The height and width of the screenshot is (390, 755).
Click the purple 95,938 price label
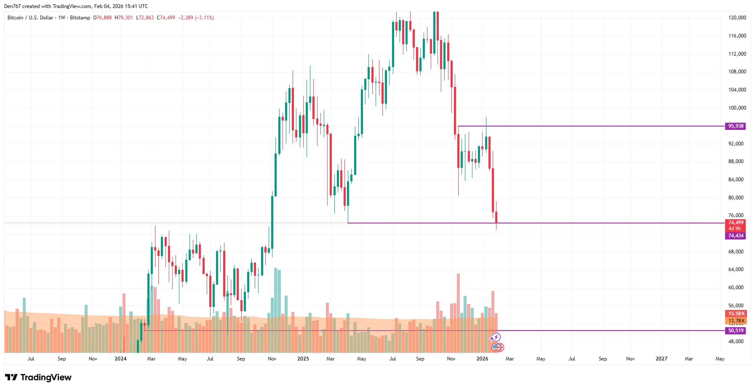(736, 126)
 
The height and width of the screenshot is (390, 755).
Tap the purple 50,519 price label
(736, 331)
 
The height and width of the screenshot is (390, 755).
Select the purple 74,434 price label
(736, 236)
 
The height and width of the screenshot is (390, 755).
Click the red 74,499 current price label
(736, 223)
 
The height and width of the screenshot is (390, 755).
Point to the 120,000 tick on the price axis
(737, 18)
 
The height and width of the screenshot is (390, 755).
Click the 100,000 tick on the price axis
(737, 108)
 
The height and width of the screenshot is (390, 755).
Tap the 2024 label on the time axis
(120, 359)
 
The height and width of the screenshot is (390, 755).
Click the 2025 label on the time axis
(303, 359)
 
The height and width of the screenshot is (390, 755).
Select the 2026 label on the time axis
(482, 359)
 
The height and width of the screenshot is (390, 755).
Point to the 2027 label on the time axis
(661, 359)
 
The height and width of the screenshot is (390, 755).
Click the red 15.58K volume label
(736, 314)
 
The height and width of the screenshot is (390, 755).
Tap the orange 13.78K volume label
(736, 321)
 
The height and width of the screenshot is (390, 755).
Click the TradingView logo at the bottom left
(38, 377)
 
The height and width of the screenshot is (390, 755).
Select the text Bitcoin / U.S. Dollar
(30, 18)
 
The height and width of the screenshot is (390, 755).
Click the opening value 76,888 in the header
(104, 18)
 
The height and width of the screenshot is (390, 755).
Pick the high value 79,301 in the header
(125, 18)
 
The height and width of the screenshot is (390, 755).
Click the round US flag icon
(497, 347)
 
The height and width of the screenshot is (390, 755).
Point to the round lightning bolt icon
(496, 337)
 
